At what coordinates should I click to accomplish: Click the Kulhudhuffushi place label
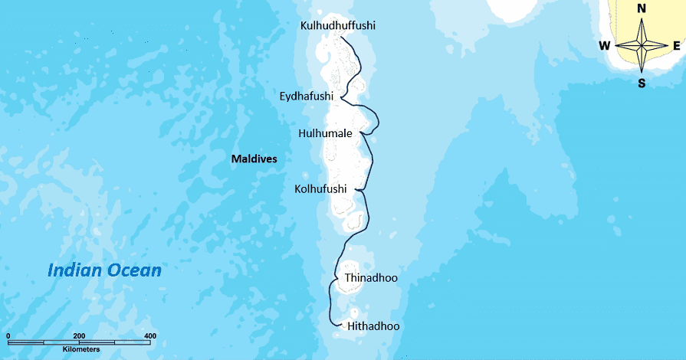point(338,26)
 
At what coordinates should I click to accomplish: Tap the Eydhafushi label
point(305,96)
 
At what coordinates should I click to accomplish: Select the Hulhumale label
point(325,133)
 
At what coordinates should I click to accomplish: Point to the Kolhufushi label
point(320,188)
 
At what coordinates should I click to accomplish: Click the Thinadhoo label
point(371,277)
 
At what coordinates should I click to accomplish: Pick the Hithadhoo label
point(373,326)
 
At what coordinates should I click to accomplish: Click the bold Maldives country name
point(254,159)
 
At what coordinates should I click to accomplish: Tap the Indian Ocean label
point(104,270)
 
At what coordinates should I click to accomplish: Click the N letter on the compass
point(642,8)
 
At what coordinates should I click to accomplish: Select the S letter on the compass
point(642,83)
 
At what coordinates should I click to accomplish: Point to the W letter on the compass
point(605,46)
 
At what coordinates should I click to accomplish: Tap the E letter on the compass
point(677,46)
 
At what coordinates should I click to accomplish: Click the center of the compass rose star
point(642,46)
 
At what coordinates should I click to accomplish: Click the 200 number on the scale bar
point(79,336)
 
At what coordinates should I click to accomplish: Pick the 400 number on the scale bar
point(149,336)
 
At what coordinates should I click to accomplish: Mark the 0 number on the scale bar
point(8,336)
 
